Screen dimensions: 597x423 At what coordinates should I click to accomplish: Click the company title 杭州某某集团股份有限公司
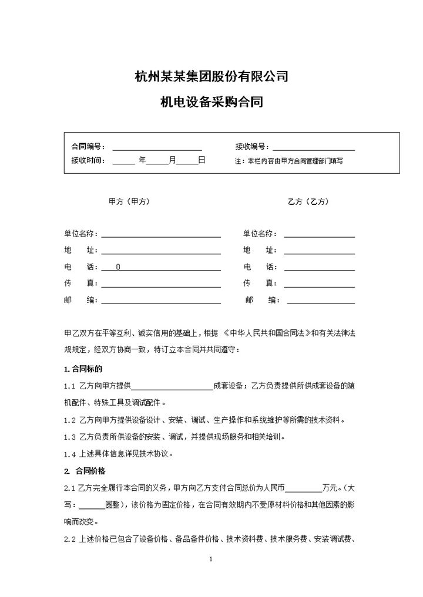(211, 76)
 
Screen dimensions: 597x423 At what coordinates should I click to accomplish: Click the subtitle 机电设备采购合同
(211, 103)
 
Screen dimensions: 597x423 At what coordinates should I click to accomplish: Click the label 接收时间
(88, 160)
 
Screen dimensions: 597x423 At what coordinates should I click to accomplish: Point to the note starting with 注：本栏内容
(288, 160)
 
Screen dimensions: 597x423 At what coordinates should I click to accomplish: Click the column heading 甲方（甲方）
(129, 201)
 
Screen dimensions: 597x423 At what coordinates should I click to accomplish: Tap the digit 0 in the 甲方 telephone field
(118, 267)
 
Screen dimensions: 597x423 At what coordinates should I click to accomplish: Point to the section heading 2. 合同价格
(85, 471)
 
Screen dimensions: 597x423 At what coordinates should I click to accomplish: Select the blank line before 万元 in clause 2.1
(304, 488)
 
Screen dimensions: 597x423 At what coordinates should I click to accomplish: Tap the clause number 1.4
(70, 454)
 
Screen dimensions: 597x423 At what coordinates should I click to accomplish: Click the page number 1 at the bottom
(211, 559)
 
